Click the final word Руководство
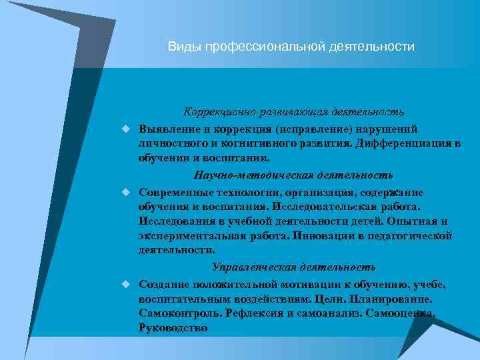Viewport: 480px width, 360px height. [x=173, y=327]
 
